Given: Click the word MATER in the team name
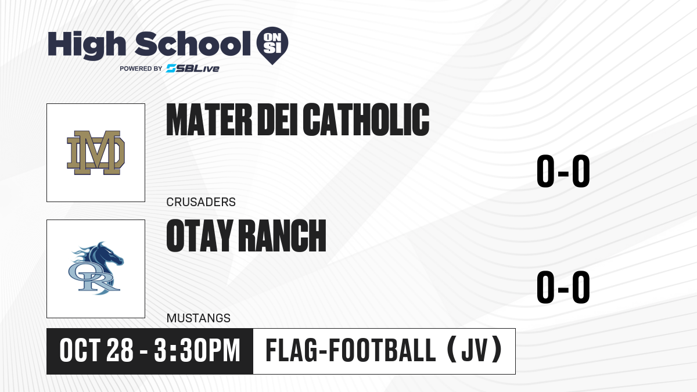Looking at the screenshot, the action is [209, 120].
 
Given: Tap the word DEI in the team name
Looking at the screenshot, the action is [278, 120].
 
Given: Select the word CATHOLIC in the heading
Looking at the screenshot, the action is [367, 120].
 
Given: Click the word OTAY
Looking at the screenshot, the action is [200, 236].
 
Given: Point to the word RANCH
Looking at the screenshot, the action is [282, 236].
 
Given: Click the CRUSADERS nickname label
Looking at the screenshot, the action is [201, 202].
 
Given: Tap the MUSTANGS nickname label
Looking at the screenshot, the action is [199, 318].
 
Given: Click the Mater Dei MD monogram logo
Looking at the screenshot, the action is [96, 152].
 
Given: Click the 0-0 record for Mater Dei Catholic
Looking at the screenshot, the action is [563, 171].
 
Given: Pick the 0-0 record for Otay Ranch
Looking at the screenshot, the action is [563, 287].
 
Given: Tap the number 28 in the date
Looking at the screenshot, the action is [120, 351].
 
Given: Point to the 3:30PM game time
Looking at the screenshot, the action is [197, 351].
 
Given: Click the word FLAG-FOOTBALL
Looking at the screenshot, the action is [351, 351].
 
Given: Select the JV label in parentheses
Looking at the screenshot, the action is [475, 351].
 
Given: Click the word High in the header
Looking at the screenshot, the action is [87, 45].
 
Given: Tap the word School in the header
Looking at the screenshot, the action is [193, 44].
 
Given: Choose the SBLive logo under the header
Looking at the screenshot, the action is [192, 69].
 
